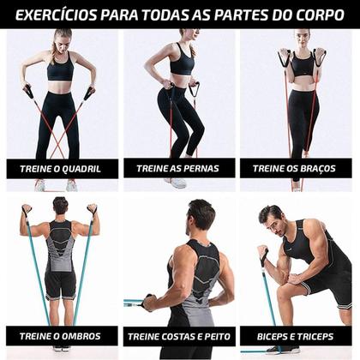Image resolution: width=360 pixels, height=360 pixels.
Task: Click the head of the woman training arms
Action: (x=301, y=39)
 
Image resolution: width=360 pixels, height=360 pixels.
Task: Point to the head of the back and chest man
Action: (x=202, y=214)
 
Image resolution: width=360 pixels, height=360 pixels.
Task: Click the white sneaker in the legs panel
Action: (x=177, y=182)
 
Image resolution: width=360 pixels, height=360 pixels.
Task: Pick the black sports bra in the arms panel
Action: (x=302, y=66)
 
